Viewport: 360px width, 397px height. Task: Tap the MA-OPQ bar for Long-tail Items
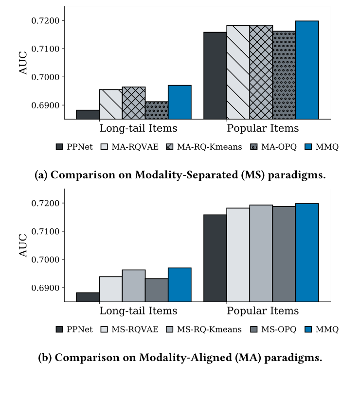click(157, 110)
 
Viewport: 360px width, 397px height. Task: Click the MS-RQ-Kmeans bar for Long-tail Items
click(134, 286)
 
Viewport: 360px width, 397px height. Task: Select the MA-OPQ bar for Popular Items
click(284, 75)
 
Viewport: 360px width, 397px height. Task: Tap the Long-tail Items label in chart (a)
click(138, 129)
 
